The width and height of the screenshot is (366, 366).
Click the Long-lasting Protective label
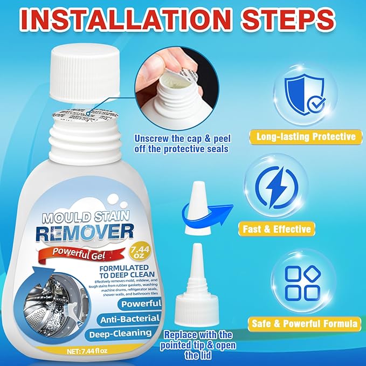305,136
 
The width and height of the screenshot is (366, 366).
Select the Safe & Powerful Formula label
305,324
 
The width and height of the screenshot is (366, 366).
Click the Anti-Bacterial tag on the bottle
128,319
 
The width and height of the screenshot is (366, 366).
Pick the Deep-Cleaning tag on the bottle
125,333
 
